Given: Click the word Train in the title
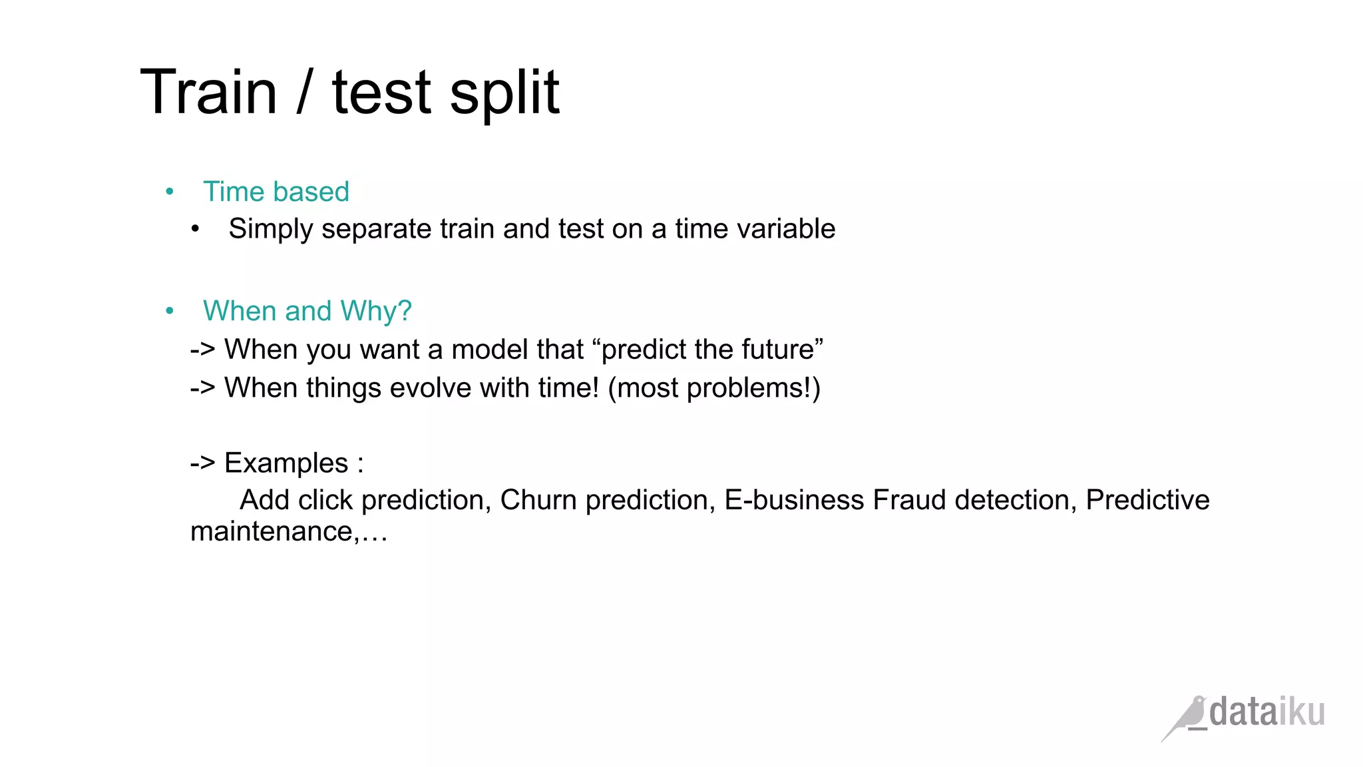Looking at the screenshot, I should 208,93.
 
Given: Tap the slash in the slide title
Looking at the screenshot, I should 303,93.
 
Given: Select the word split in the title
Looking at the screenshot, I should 504,94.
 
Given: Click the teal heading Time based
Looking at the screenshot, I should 276,192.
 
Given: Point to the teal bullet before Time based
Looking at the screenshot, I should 170,192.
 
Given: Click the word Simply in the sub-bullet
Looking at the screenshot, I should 270,230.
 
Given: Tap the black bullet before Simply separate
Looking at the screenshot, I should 195,230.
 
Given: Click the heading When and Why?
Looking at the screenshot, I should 307,311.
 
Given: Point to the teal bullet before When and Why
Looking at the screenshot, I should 170,311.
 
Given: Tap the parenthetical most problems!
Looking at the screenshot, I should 713,388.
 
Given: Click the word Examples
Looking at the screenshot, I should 286,463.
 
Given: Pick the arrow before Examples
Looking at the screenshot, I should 202,463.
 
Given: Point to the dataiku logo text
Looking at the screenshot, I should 1266,712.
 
